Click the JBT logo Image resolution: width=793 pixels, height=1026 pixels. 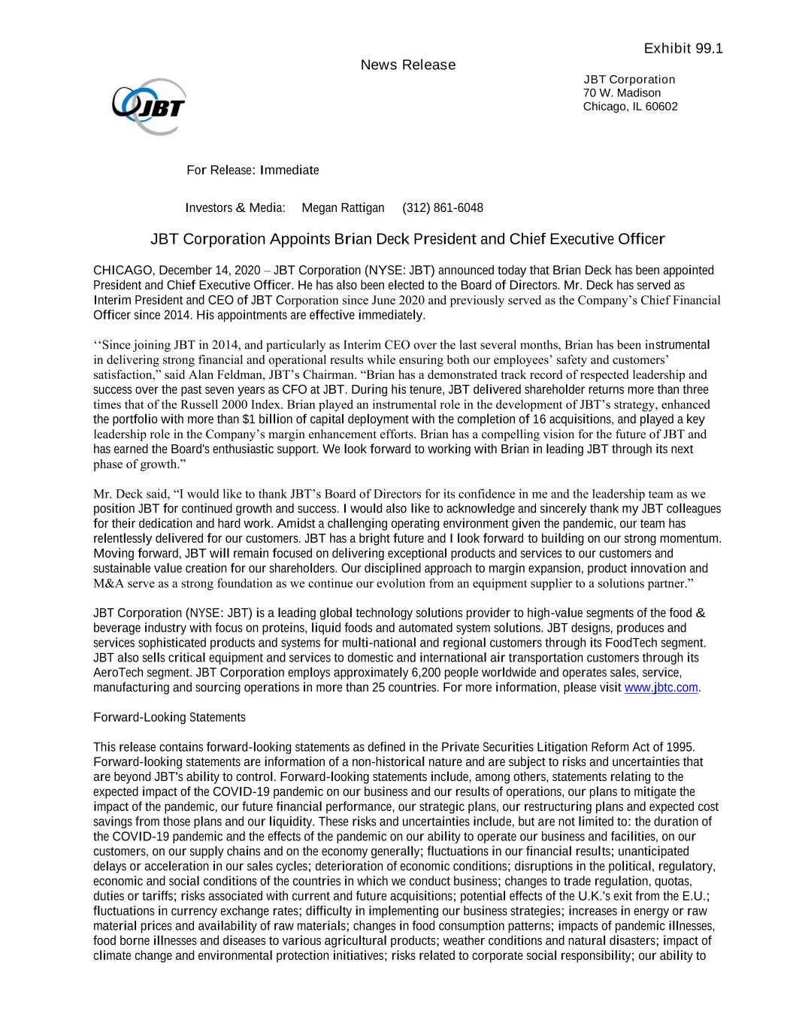149,107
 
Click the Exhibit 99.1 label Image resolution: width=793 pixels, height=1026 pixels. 683,49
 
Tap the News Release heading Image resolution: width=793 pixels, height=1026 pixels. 408,65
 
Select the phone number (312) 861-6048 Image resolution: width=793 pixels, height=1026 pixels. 443,208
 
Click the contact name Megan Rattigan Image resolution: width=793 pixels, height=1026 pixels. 343,208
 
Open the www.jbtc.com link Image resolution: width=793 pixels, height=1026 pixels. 661,688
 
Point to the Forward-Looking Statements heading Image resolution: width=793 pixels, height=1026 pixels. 169,718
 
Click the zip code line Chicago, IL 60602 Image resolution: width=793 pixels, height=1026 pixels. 630,107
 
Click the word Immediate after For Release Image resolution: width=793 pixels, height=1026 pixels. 289,171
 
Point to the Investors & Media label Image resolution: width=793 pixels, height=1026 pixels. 235,208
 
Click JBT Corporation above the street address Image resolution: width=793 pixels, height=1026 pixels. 629,80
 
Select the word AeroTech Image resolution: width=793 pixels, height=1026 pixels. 117,673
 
